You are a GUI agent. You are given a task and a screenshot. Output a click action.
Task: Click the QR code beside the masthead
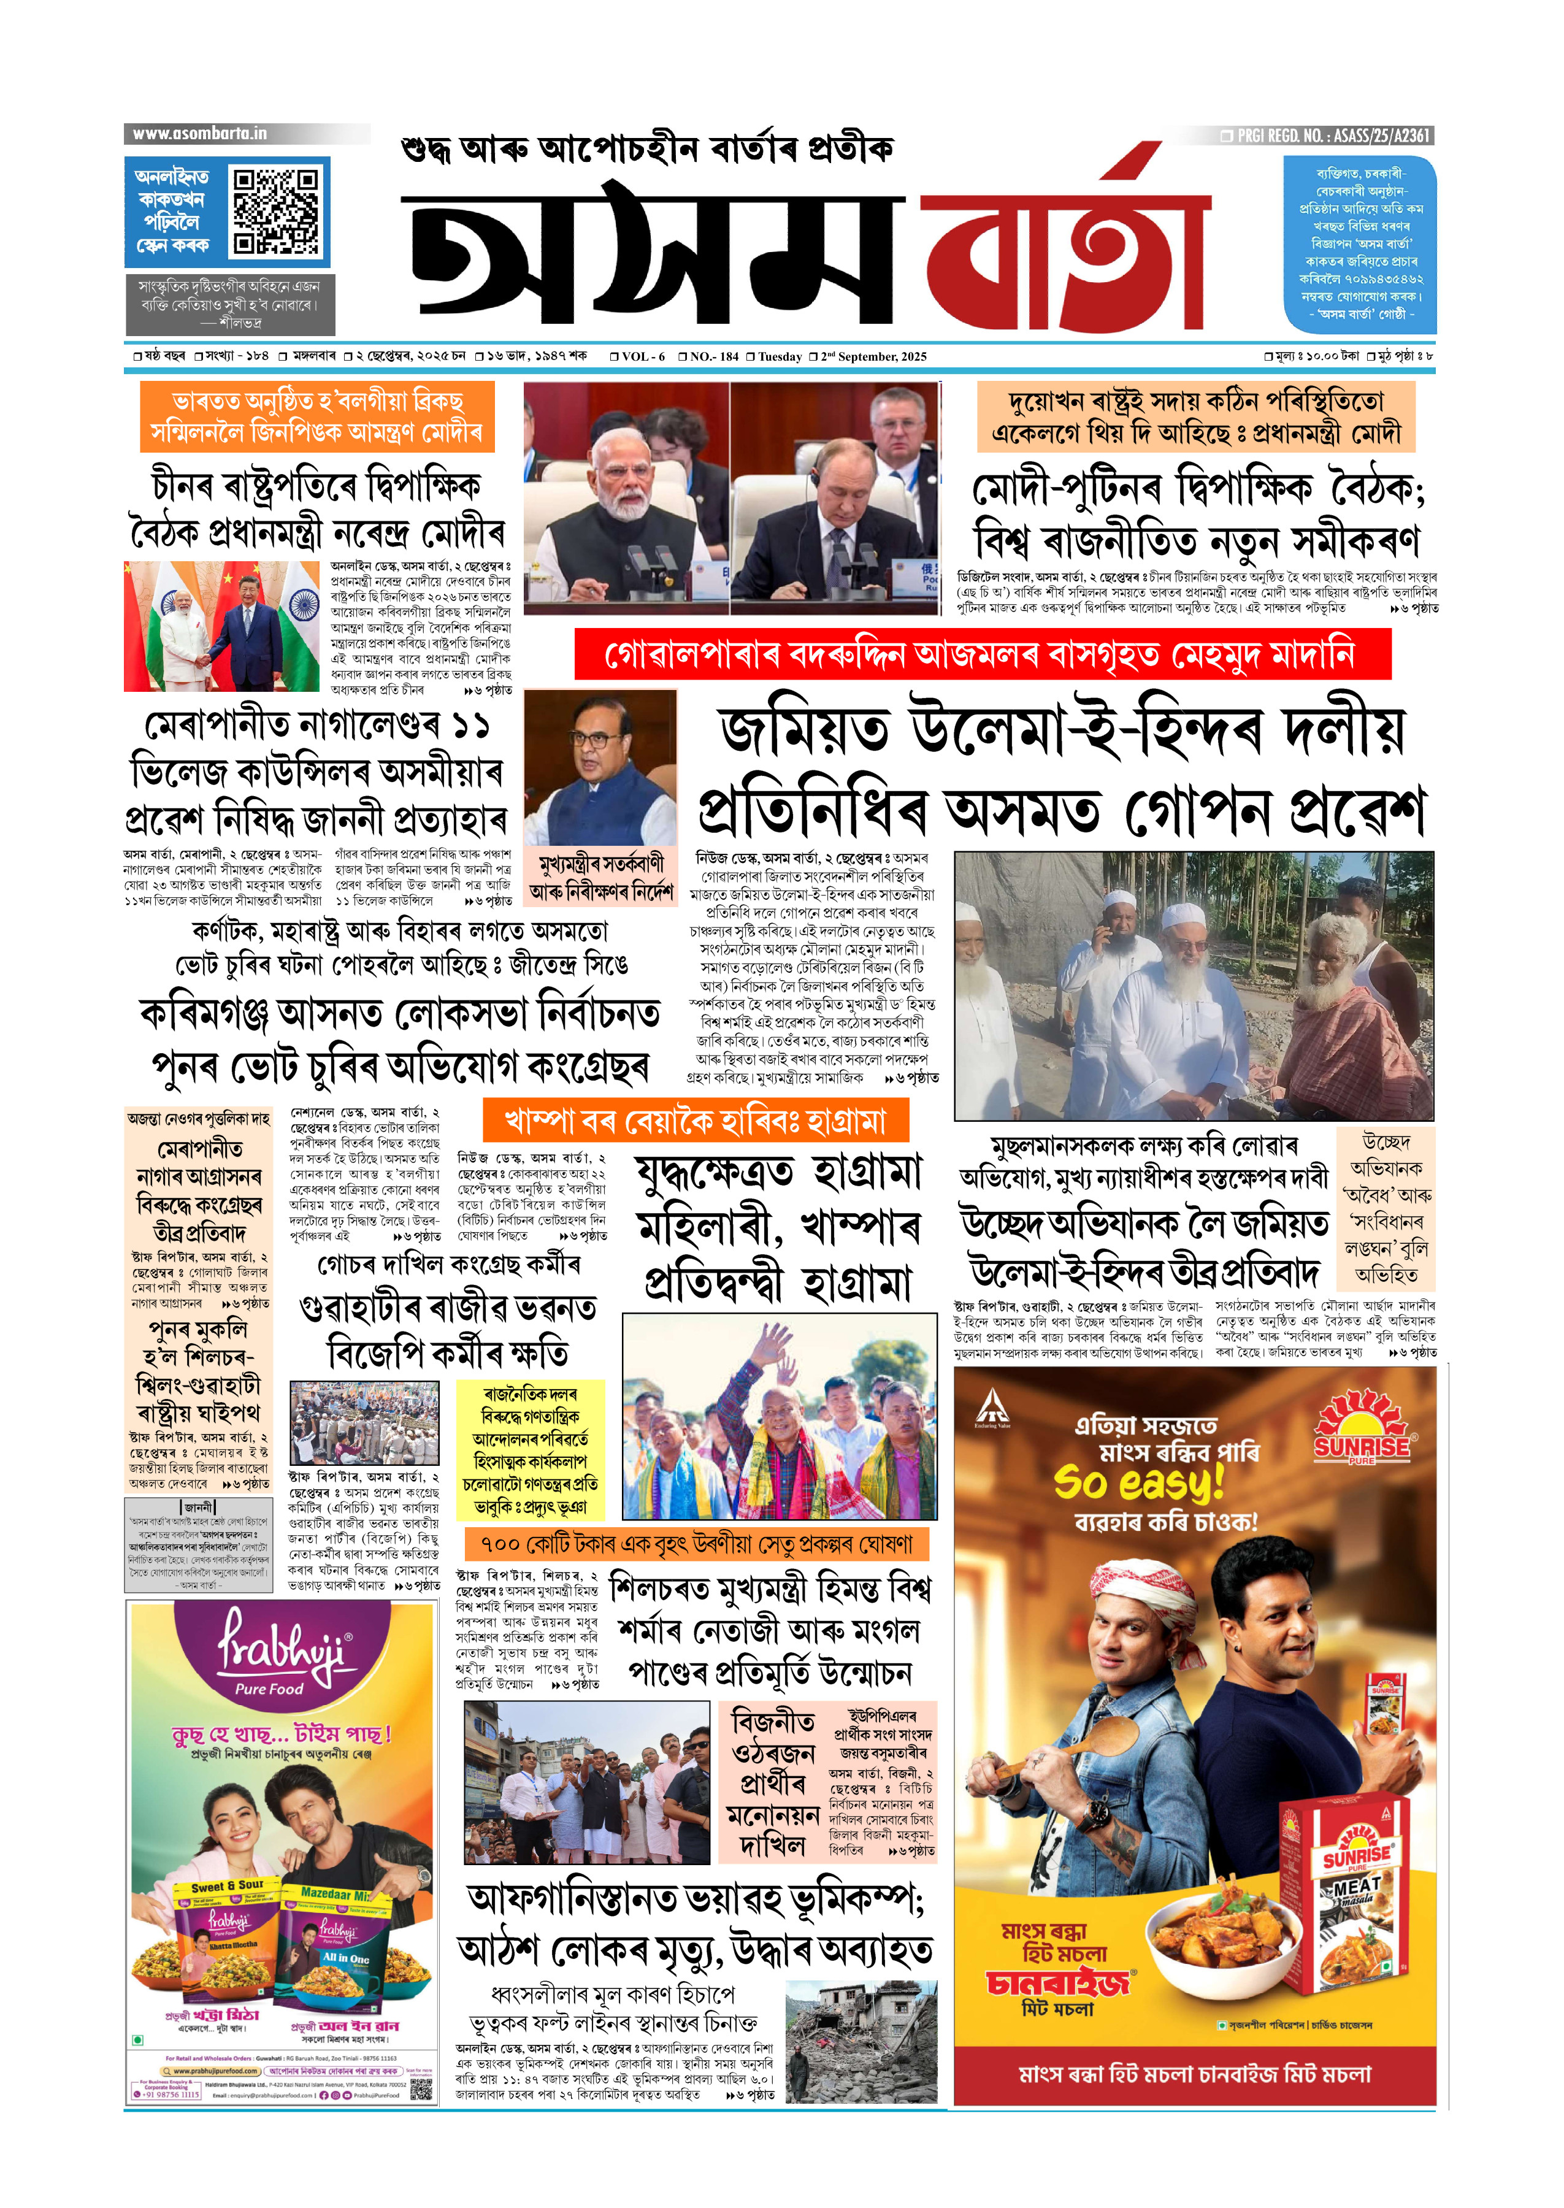277,211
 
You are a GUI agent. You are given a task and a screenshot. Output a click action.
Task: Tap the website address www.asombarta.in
201,134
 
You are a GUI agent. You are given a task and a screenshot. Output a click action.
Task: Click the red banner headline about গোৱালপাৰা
983,655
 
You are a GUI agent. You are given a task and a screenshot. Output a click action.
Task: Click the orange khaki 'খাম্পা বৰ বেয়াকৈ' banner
696,1121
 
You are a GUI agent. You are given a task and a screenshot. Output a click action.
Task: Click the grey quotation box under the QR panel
228,304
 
